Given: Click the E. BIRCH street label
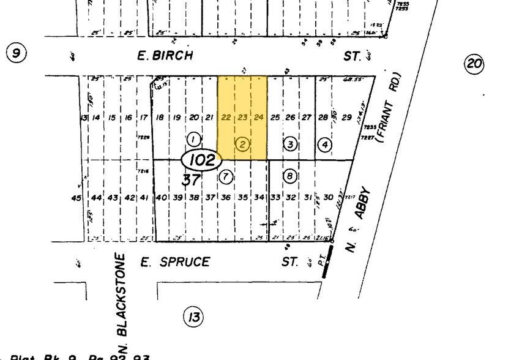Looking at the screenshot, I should (x=164, y=56).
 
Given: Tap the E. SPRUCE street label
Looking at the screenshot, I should (x=174, y=262).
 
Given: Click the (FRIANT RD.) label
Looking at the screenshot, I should (x=390, y=109).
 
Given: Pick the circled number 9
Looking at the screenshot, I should (x=16, y=53).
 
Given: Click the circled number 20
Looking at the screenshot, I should (x=474, y=63).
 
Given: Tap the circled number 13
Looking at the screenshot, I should (x=193, y=317).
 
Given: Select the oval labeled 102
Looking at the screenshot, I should (x=201, y=161).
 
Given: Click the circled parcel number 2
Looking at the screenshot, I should (x=242, y=144).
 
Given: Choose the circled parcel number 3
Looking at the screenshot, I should (x=289, y=144).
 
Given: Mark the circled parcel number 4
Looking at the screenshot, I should (x=324, y=145).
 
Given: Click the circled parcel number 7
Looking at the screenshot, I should (x=226, y=177).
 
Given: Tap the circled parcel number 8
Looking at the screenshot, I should (x=289, y=176).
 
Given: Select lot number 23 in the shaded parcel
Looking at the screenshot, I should (x=242, y=118).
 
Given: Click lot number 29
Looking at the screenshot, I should (x=347, y=118).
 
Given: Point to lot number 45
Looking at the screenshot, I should (x=76, y=198).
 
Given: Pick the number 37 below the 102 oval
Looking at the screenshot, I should (x=192, y=180).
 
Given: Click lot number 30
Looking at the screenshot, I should (x=329, y=197).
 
